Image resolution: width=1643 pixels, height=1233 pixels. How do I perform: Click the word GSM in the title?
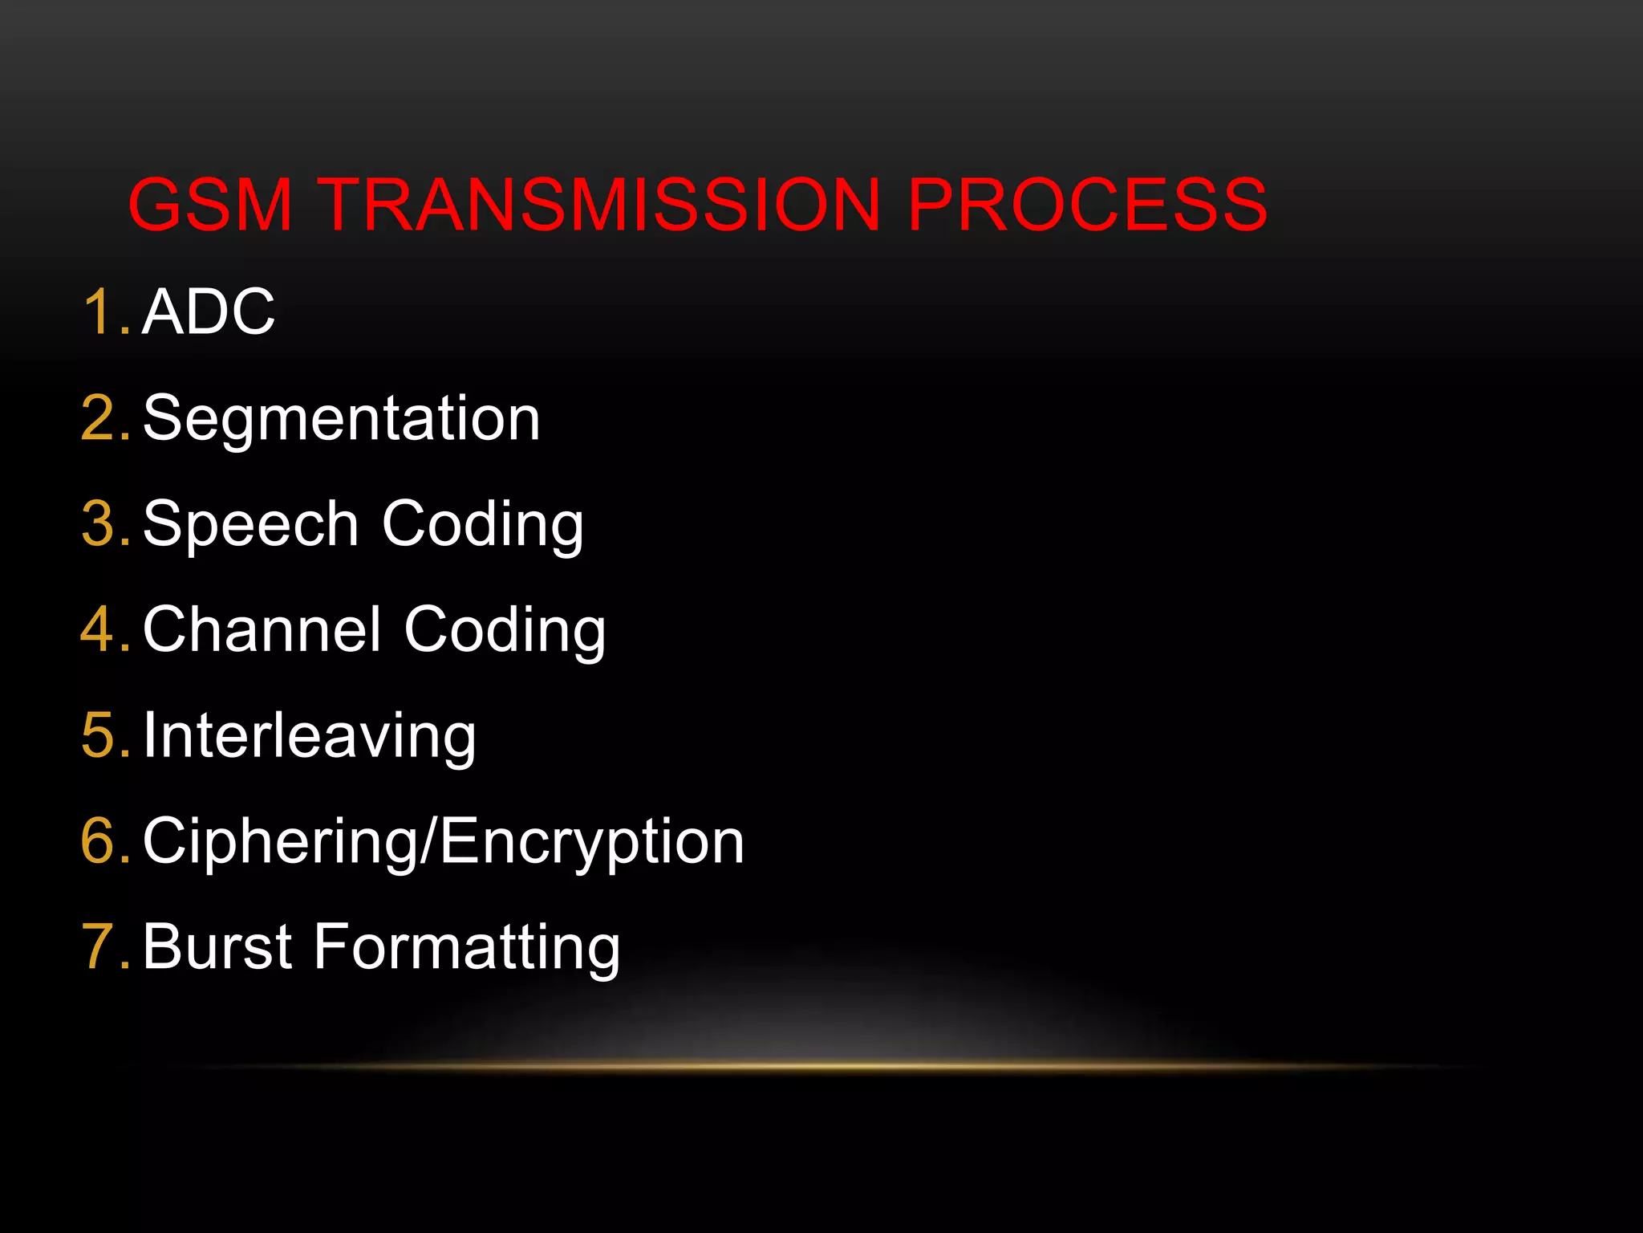(210, 205)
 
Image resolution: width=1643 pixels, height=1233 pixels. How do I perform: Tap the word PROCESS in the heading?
(1087, 205)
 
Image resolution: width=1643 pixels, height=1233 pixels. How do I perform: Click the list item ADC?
(209, 311)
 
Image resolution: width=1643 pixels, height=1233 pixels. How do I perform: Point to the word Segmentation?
(341, 418)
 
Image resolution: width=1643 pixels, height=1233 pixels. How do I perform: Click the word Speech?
(250, 524)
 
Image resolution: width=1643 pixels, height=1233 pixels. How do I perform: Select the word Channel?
(262, 630)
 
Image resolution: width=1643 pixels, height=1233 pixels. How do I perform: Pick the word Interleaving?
(309, 736)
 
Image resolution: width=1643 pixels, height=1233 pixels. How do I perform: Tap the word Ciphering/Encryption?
(443, 842)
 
